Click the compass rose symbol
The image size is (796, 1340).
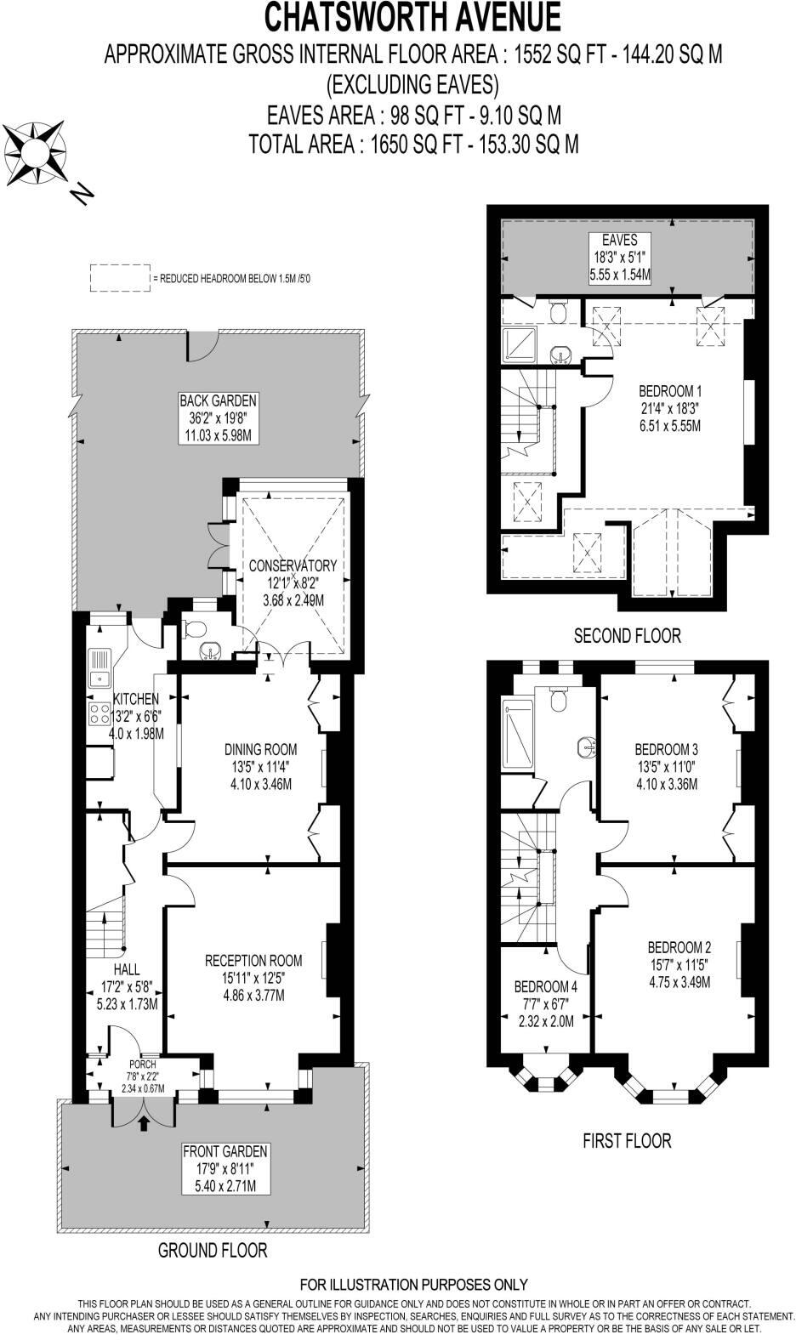(37, 154)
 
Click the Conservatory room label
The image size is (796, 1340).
(293, 565)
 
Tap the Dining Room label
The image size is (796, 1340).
(260, 749)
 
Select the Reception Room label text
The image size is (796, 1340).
(253, 961)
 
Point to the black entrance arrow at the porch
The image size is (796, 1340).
(143, 1124)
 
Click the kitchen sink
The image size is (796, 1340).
(99, 668)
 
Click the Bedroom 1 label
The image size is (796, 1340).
(670, 392)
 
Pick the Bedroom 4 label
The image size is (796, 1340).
(545, 987)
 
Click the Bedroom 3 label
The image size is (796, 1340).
(666, 749)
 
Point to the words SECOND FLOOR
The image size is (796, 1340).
(627, 635)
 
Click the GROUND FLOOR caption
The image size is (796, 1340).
(213, 1250)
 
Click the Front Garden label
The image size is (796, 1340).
(225, 1152)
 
